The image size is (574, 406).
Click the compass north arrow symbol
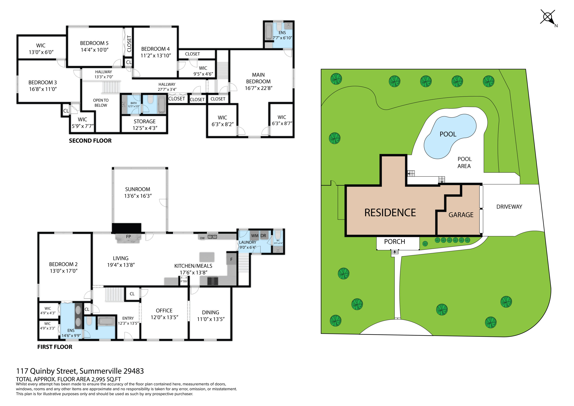tap(548, 18)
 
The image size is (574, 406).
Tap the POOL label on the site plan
tap(448, 134)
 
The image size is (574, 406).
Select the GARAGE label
tap(461, 215)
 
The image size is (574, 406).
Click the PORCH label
tap(395, 242)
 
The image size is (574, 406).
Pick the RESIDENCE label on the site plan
tap(390, 213)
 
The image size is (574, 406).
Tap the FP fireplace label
tap(128, 236)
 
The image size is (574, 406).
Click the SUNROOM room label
tap(138, 189)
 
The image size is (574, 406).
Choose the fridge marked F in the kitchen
tap(232, 259)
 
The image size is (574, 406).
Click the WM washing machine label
tap(255, 236)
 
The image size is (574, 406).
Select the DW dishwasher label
tap(202, 238)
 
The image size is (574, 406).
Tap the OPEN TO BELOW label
tap(101, 103)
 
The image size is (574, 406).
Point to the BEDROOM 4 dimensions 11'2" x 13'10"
tap(156, 56)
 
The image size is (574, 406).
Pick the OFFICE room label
tap(164, 311)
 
